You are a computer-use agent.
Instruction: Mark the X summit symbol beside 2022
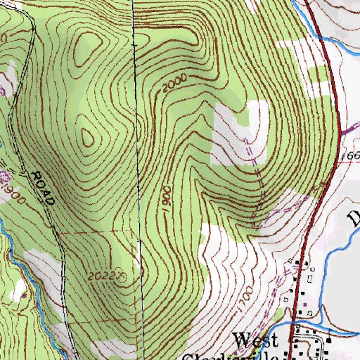[122, 276]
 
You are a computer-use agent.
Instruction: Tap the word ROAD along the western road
[44, 187]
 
